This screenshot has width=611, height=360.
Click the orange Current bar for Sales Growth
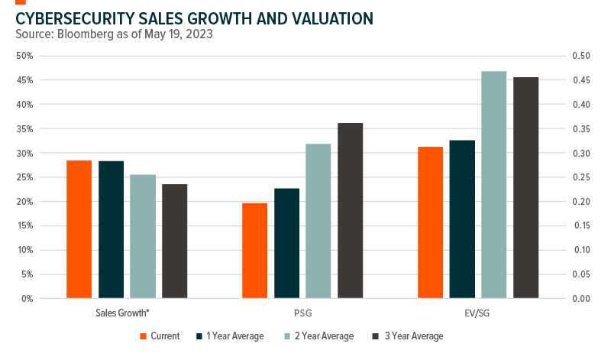tap(79, 229)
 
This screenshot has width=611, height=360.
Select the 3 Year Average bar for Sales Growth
tap(174, 241)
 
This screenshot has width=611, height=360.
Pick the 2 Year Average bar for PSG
tap(318, 221)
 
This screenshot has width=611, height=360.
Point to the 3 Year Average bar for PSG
tap(351, 210)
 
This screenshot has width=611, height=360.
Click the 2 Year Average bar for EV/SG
tap(494, 184)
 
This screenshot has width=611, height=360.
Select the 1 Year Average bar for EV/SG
tap(462, 219)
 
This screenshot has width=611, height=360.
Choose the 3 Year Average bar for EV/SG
tap(526, 187)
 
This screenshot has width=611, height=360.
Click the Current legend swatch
tap(144, 336)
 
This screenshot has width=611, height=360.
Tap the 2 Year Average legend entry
tap(324, 336)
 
